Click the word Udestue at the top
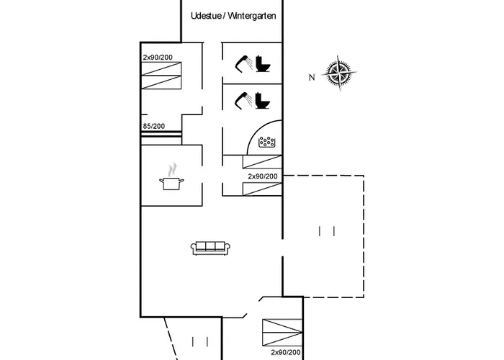tap(206, 15)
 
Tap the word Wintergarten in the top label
tap(252, 15)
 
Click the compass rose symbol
tap(338, 72)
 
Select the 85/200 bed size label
tap(153, 127)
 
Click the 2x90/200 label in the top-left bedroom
tap(157, 57)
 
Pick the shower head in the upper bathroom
tap(244, 63)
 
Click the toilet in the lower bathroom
tap(262, 102)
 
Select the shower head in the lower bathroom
tap(244, 100)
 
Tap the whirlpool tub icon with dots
tap(268, 142)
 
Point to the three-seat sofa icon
tap(211, 248)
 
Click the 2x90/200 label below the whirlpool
tap(263, 176)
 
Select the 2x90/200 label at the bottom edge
tap(286, 352)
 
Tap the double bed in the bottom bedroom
tap(282, 332)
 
